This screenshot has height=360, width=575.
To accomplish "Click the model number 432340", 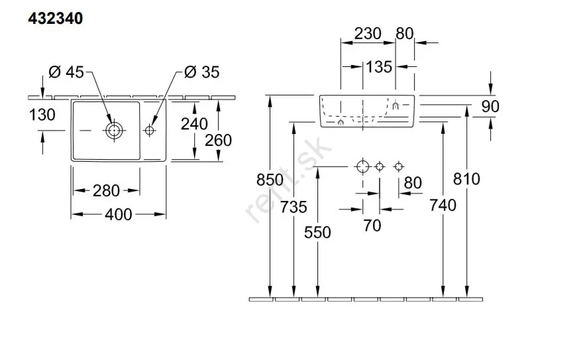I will (x=56, y=19).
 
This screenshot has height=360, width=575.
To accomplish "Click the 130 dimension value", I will (x=42, y=114).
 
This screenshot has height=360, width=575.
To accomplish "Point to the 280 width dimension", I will (x=106, y=191).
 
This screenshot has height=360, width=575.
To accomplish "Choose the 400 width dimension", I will (x=119, y=213).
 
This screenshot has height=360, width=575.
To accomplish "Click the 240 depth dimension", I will (x=194, y=123).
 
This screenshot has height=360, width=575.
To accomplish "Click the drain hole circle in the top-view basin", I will (x=114, y=130).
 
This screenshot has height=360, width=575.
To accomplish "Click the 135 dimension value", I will (x=379, y=66).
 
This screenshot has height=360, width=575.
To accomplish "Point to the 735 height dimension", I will (x=293, y=207).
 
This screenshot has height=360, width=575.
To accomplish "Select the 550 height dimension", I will (x=318, y=231).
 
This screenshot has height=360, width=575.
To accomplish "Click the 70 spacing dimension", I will (x=372, y=225).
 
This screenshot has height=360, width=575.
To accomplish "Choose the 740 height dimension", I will (x=443, y=206).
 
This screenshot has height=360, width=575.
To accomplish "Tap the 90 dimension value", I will (x=490, y=106).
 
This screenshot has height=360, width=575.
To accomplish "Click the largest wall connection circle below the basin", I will (x=362, y=166).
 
